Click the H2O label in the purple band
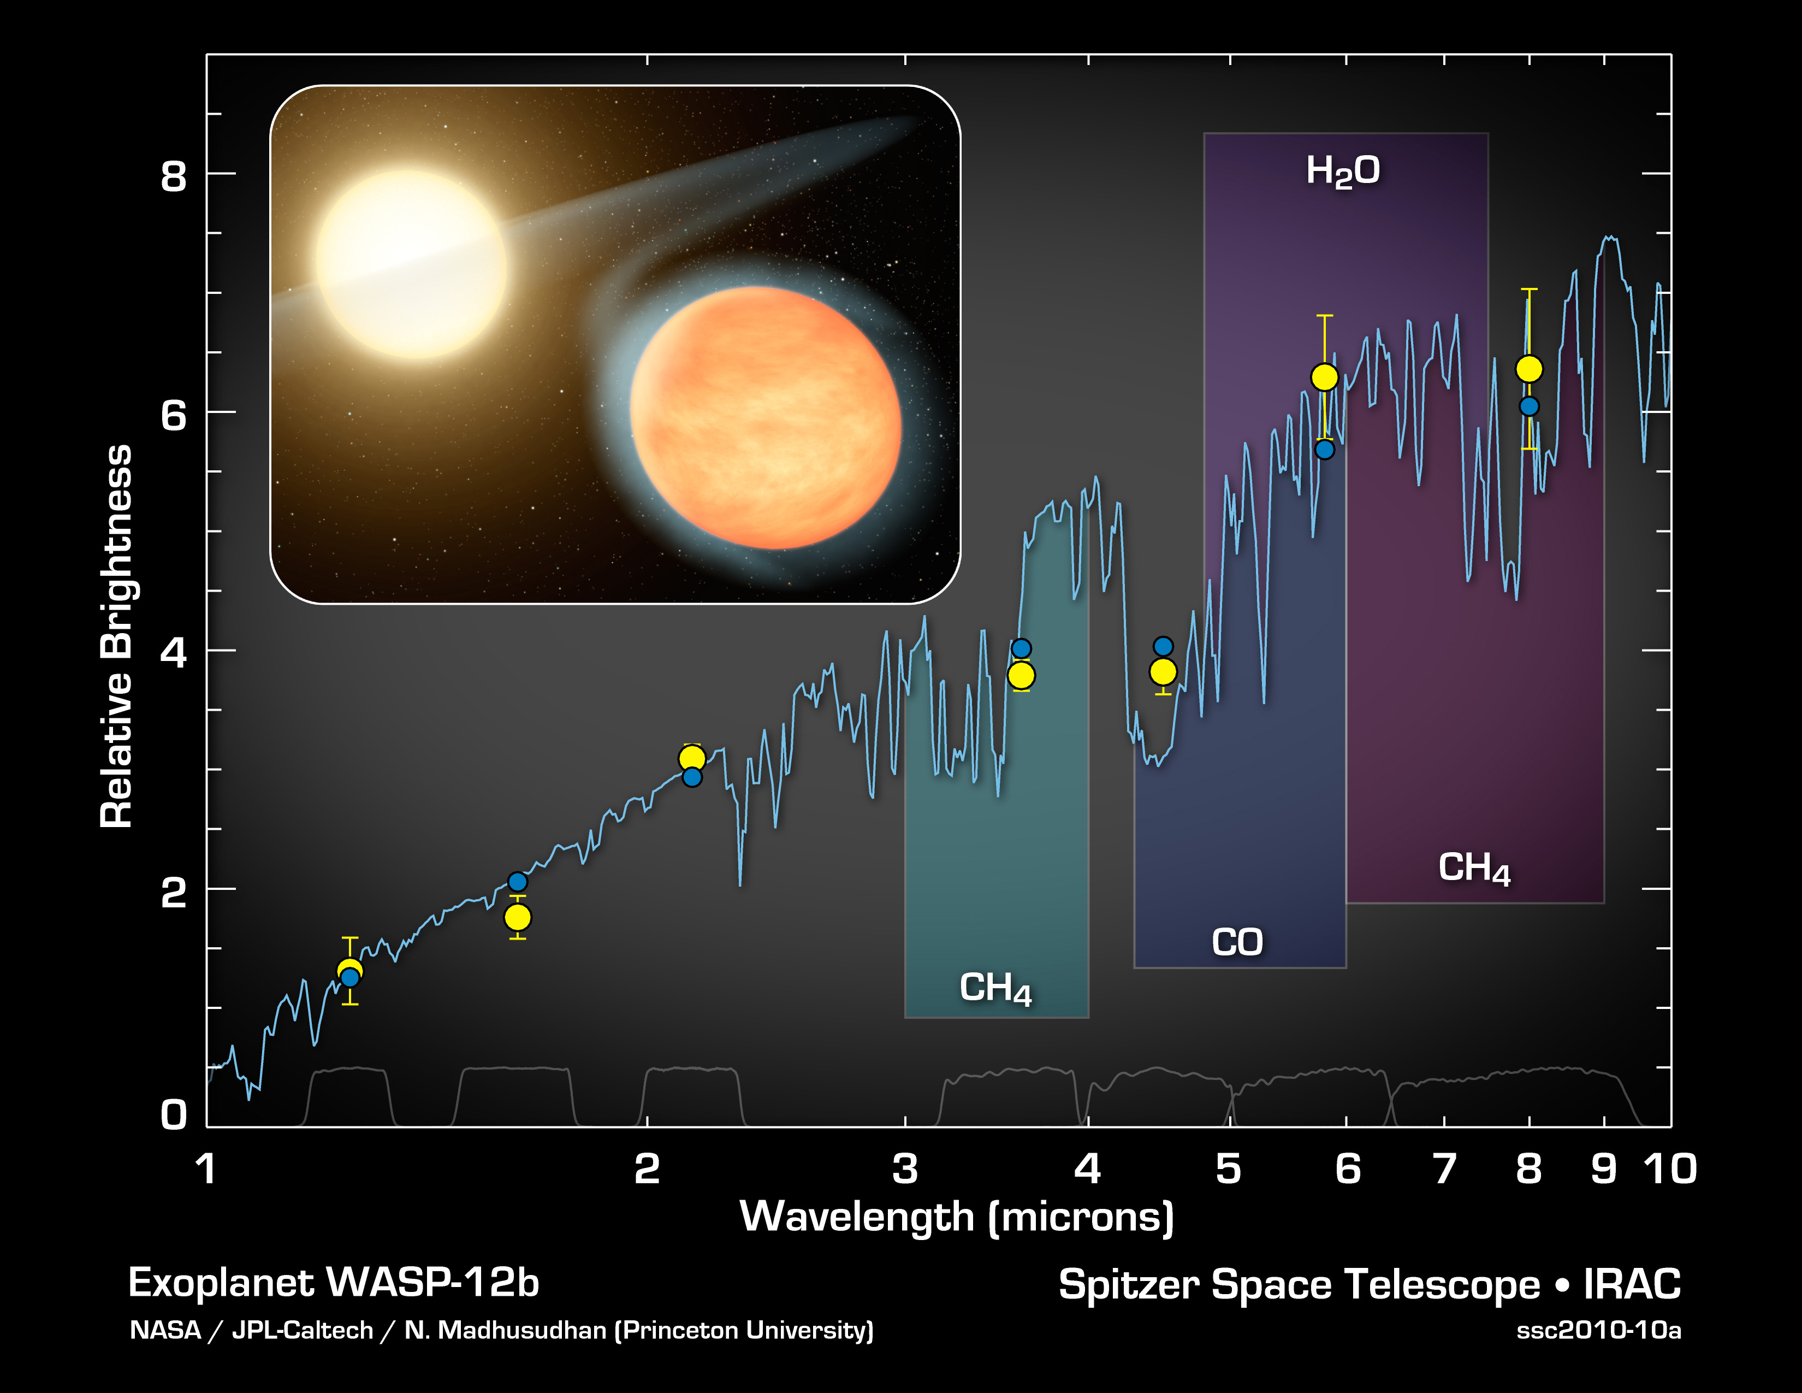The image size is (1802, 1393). point(1342,171)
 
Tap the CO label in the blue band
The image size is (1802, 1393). point(1237,942)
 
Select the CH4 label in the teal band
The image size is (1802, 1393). point(995,988)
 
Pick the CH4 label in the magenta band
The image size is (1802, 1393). point(1474,868)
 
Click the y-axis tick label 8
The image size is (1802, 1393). point(173,176)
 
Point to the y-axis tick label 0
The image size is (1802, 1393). point(173,1115)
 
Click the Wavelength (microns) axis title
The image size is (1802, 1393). point(956,1217)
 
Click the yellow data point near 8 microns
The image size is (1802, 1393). point(1529,369)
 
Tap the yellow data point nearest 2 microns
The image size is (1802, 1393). point(691,758)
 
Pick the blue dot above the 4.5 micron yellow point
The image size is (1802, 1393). point(1163,646)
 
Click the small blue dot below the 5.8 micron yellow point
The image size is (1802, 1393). point(1324,450)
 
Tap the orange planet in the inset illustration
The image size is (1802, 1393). point(765,417)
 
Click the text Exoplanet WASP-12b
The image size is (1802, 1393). point(333,1283)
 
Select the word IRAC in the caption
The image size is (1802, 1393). point(1631,1284)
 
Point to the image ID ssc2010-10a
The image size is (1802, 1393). point(1598,1330)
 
